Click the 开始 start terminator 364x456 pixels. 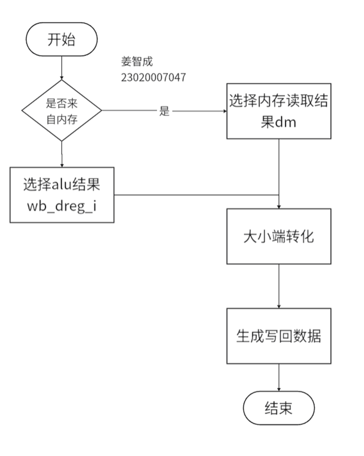click(61, 39)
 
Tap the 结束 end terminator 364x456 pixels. click(279, 408)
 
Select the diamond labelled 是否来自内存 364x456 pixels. click(61, 110)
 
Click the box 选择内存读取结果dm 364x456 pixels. click(279, 111)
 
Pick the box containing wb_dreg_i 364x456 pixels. click(62, 195)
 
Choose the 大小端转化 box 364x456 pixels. click(279, 236)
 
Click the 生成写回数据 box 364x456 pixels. click(279, 336)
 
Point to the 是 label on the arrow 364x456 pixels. click(164, 111)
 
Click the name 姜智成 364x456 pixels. click(137, 61)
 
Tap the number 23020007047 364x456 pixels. click(153, 77)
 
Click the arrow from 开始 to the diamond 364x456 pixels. click(61, 68)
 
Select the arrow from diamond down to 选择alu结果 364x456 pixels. click(61, 154)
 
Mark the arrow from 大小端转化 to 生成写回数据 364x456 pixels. click(279, 286)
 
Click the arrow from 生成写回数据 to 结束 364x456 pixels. click(279, 378)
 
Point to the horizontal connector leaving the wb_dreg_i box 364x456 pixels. click(197, 195)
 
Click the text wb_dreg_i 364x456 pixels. click(61, 206)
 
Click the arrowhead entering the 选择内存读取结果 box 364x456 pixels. click(225, 111)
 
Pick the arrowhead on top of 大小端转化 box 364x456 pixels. click(279, 207)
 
